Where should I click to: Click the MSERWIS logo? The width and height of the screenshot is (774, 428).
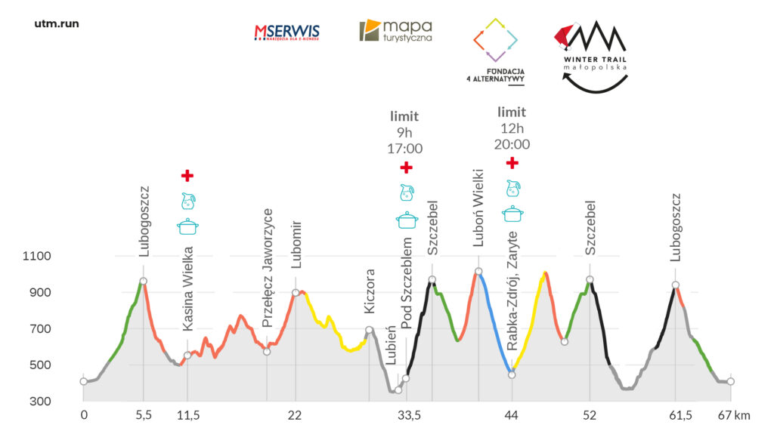tap(286, 32)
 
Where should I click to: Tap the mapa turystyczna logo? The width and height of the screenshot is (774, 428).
tap(395, 31)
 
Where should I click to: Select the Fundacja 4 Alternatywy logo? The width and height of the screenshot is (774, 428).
tap(496, 50)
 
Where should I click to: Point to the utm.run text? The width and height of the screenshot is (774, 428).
tap(57, 23)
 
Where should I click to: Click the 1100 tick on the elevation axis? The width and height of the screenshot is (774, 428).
tap(37, 257)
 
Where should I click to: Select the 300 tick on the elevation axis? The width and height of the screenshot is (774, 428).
tap(39, 402)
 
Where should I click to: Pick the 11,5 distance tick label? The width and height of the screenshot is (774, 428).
tap(187, 414)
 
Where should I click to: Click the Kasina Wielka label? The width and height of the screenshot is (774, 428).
tap(188, 288)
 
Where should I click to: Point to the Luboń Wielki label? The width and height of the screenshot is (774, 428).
tap(478, 218)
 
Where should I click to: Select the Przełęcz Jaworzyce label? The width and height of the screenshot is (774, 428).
tap(267, 268)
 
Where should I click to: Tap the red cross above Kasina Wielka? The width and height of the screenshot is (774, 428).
tap(187, 176)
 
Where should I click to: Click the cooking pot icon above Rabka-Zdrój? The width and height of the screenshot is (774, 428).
tap(513, 213)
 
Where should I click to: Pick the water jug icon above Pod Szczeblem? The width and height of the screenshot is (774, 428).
tap(407, 192)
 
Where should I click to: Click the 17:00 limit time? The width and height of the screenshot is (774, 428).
tap(406, 148)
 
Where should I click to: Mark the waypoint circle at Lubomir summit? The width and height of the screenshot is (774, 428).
tap(296, 293)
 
